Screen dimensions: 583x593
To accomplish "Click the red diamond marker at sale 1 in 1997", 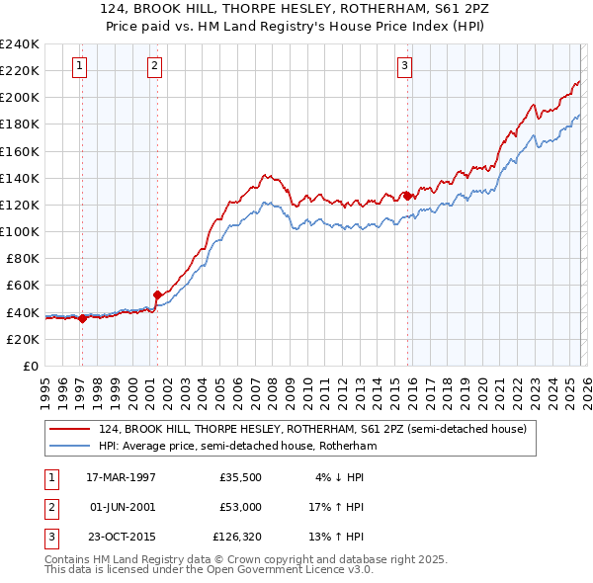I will pos(83,318).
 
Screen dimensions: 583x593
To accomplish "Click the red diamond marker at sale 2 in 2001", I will pos(157,294).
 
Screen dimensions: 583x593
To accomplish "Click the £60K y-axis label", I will pos(23,285).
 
